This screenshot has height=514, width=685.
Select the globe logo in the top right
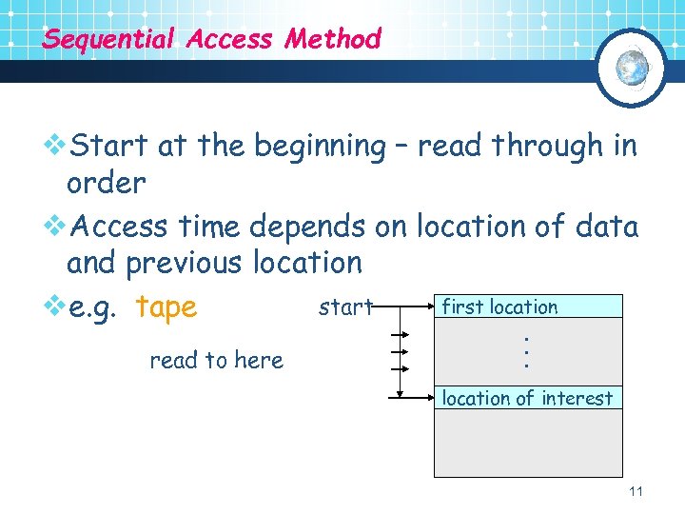pos(632,68)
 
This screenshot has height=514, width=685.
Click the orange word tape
pos(166,307)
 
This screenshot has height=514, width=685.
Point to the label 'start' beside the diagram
pos(345,306)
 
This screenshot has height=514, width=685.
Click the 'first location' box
pos(528,306)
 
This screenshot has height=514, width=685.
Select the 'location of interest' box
pos(528,398)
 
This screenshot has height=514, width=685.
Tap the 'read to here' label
pos(216,360)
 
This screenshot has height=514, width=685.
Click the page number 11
pos(636,491)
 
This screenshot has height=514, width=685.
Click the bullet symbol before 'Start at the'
pos(56,147)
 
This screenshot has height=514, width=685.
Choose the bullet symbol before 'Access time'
pos(56,227)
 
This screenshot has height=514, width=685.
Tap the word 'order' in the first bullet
pos(106,183)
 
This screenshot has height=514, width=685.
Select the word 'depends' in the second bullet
pos(306,227)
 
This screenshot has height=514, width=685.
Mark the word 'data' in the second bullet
pos(606,227)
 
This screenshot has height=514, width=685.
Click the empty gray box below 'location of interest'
pos(528,443)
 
